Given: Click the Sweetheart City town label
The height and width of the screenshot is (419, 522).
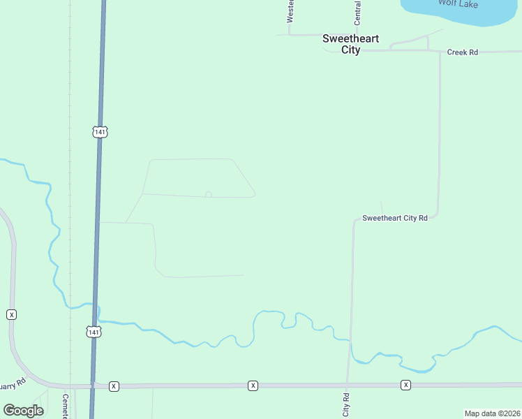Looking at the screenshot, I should click(350, 44).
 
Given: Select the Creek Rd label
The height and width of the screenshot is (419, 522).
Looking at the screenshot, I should click(463, 52).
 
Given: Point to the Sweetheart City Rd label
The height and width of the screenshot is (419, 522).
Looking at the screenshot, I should click(394, 219).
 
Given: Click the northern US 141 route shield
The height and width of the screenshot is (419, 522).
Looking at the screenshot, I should click(100, 131).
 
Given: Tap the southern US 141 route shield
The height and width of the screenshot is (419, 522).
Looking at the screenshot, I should click(94, 332).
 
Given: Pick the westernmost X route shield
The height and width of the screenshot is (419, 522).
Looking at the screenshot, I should click(12, 314).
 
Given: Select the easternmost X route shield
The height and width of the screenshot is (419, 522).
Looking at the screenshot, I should click(405, 385).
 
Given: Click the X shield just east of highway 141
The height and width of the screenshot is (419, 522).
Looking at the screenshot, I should click(114, 385).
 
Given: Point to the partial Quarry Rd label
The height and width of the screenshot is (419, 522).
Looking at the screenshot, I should click(13, 384).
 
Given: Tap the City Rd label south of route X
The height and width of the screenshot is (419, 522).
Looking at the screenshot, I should click(346, 404).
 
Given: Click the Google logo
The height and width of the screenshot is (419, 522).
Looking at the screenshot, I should click(23, 411).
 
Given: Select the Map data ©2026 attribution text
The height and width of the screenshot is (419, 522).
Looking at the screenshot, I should click(492, 413).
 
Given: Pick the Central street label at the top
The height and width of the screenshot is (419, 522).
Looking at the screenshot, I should click(358, 9).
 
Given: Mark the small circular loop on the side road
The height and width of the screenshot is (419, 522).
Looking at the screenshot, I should click(208, 195).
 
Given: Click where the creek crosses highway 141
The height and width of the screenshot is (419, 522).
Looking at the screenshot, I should click(96, 307).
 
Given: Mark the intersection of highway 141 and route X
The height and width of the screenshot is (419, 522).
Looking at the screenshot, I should click(92, 385).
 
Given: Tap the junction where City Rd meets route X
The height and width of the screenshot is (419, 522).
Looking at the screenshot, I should click(347, 385).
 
